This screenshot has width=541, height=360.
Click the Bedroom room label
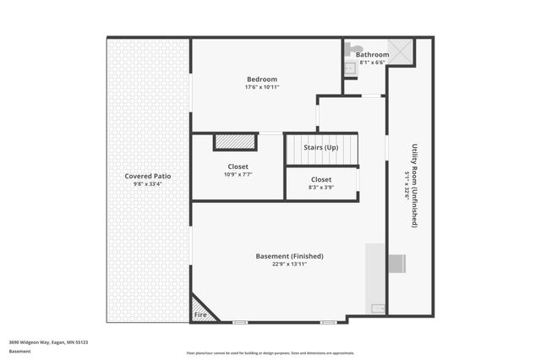point(261,79)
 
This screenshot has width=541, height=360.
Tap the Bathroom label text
point(372,55)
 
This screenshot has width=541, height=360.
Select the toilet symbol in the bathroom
point(355,49)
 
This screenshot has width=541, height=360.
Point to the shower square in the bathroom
point(401,52)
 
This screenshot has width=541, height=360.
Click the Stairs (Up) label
point(320,147)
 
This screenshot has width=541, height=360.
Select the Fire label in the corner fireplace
point(200,314)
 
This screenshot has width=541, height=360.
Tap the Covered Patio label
point(148,176)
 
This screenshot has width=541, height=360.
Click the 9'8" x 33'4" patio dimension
point(148,183)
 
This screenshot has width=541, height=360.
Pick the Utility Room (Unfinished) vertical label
point(414,185)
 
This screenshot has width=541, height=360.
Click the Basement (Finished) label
point(289,256)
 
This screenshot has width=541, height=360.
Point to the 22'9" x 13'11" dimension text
point(289,264)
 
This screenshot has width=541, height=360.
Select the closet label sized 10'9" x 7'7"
point(238,166)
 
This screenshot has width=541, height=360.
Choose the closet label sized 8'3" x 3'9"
point(321,179)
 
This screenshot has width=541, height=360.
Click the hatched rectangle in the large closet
point(235,142)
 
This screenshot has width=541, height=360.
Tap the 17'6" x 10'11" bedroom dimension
point(261,87)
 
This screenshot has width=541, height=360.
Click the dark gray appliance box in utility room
point(396,264)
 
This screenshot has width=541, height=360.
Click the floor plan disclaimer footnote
point(270,352)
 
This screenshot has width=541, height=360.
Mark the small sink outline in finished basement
point(378,308)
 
